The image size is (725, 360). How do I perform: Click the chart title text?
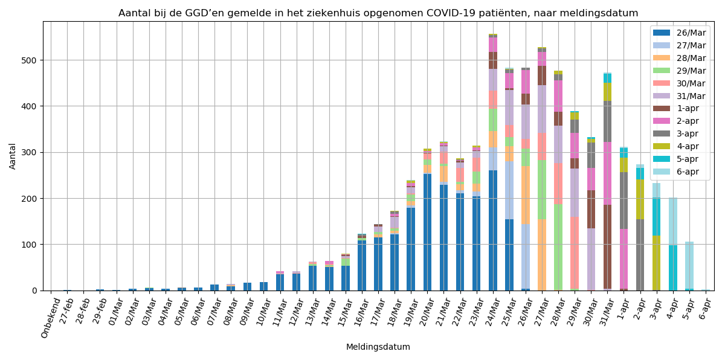click(378, 13)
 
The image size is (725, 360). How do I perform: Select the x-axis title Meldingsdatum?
click(378, 347)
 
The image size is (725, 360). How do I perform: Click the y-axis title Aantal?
click(13, 156)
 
